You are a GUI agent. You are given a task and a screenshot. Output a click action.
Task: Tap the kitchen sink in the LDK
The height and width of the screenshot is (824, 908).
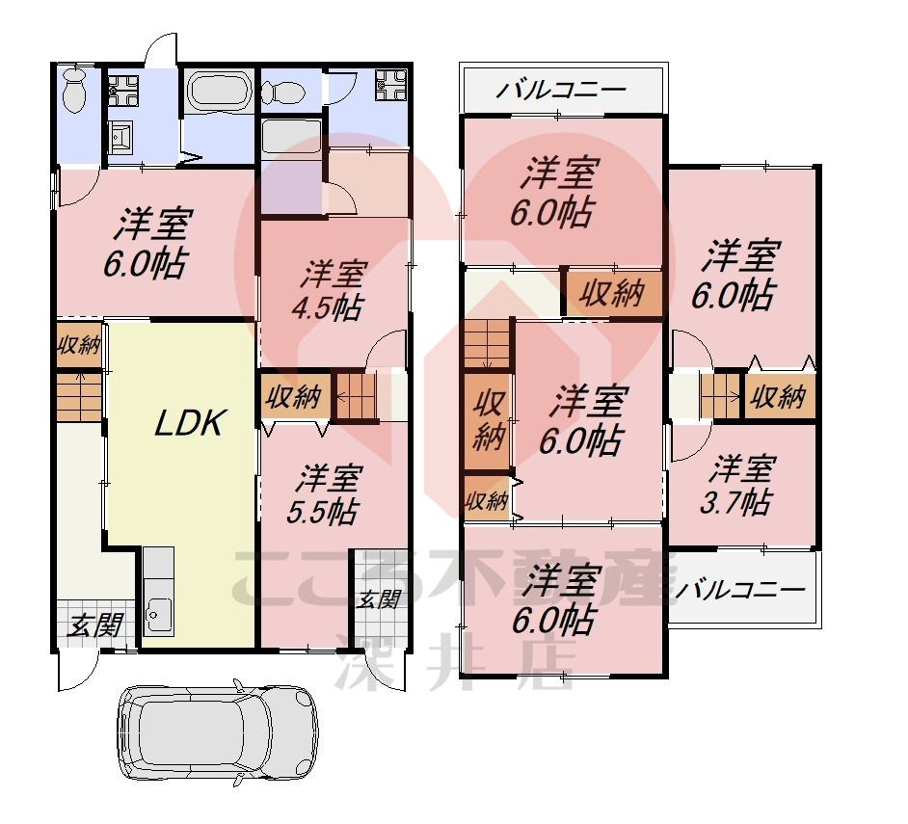click(x=157, y=611)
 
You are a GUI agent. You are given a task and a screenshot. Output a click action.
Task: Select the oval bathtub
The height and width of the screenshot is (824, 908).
click(x=218, y=93)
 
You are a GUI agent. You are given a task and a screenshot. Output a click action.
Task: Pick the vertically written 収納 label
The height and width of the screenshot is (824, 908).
click(x=490, y=420)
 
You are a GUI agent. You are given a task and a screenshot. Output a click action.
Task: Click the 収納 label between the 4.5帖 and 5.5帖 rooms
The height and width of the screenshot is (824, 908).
click(x=294, y=397)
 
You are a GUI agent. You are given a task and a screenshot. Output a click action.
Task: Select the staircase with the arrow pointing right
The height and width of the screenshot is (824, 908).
click(x=719, y=395)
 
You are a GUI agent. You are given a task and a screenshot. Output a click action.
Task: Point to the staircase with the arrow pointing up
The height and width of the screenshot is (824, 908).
click(x=78, y=396)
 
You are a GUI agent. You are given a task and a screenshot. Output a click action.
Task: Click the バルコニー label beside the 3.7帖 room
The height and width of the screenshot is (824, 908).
click(x=740, y=590)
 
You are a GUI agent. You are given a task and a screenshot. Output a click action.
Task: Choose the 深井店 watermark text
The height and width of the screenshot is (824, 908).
click(x=453, y=663)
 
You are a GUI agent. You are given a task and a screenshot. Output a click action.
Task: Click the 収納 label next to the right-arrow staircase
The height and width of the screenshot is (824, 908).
click(x=779, y=395)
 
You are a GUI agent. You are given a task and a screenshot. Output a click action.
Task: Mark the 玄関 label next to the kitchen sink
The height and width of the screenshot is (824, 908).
click(x=94, y=626)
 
